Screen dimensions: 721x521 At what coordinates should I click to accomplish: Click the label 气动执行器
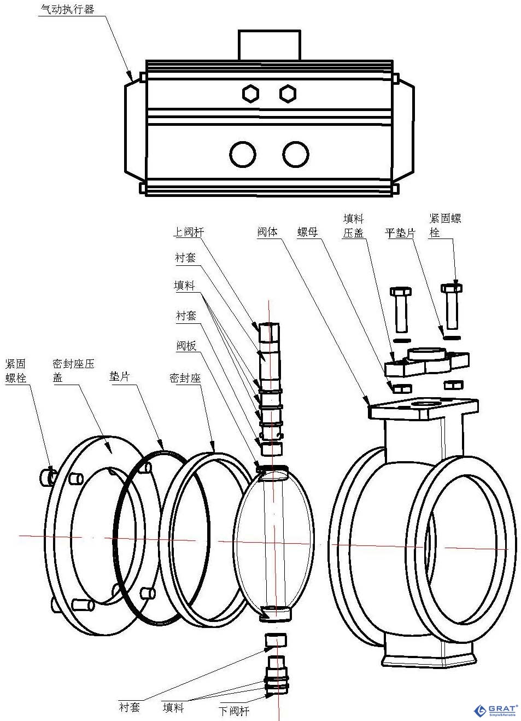pyautogui.click(x=67, y=9)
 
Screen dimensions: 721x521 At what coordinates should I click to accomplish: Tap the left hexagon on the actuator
pyautogui.click(x=250, y=93)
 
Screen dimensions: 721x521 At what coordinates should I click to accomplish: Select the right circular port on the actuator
pyautogui.click(x=295, y=154)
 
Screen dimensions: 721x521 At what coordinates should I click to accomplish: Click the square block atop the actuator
pyautogui.click(x=269, y=45)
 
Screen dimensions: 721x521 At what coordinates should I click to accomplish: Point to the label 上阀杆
pyautogui.click(x=189, y=232)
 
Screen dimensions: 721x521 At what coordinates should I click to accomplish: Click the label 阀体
pyautogui.click(x=267, y=232)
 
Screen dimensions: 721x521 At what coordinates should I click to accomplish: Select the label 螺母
pyautogui.click(x=307, y=232)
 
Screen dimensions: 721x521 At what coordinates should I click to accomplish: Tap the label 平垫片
pyautogui.click(x=400, y=232)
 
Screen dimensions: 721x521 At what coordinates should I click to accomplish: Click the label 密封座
pyautogui.click(x=185, y=377)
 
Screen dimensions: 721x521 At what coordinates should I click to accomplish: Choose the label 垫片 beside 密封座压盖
pyautogui.click(x=119, y=376)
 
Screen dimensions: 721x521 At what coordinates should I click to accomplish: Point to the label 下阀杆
pyautogui.click(x=234, y=711)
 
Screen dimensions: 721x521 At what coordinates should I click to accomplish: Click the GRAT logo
pyautogui.click(x=495, y=710)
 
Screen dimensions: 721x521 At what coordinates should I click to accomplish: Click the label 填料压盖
pyautogui.click(x=353, y=225)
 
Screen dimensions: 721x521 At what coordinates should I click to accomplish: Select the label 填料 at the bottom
pyautogui.click(x=173, y=707)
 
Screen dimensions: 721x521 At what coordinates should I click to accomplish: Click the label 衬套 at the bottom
pyautogui.click(x=130, y=707)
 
